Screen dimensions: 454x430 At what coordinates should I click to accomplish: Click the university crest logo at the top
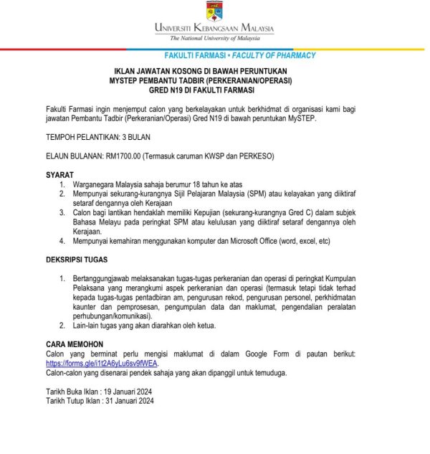214,11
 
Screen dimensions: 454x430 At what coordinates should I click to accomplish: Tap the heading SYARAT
59,174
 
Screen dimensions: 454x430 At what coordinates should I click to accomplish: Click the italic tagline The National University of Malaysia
214,38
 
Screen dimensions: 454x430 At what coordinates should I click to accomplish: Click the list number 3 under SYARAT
62,213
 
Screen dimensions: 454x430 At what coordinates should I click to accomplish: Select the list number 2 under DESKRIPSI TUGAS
62,325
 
